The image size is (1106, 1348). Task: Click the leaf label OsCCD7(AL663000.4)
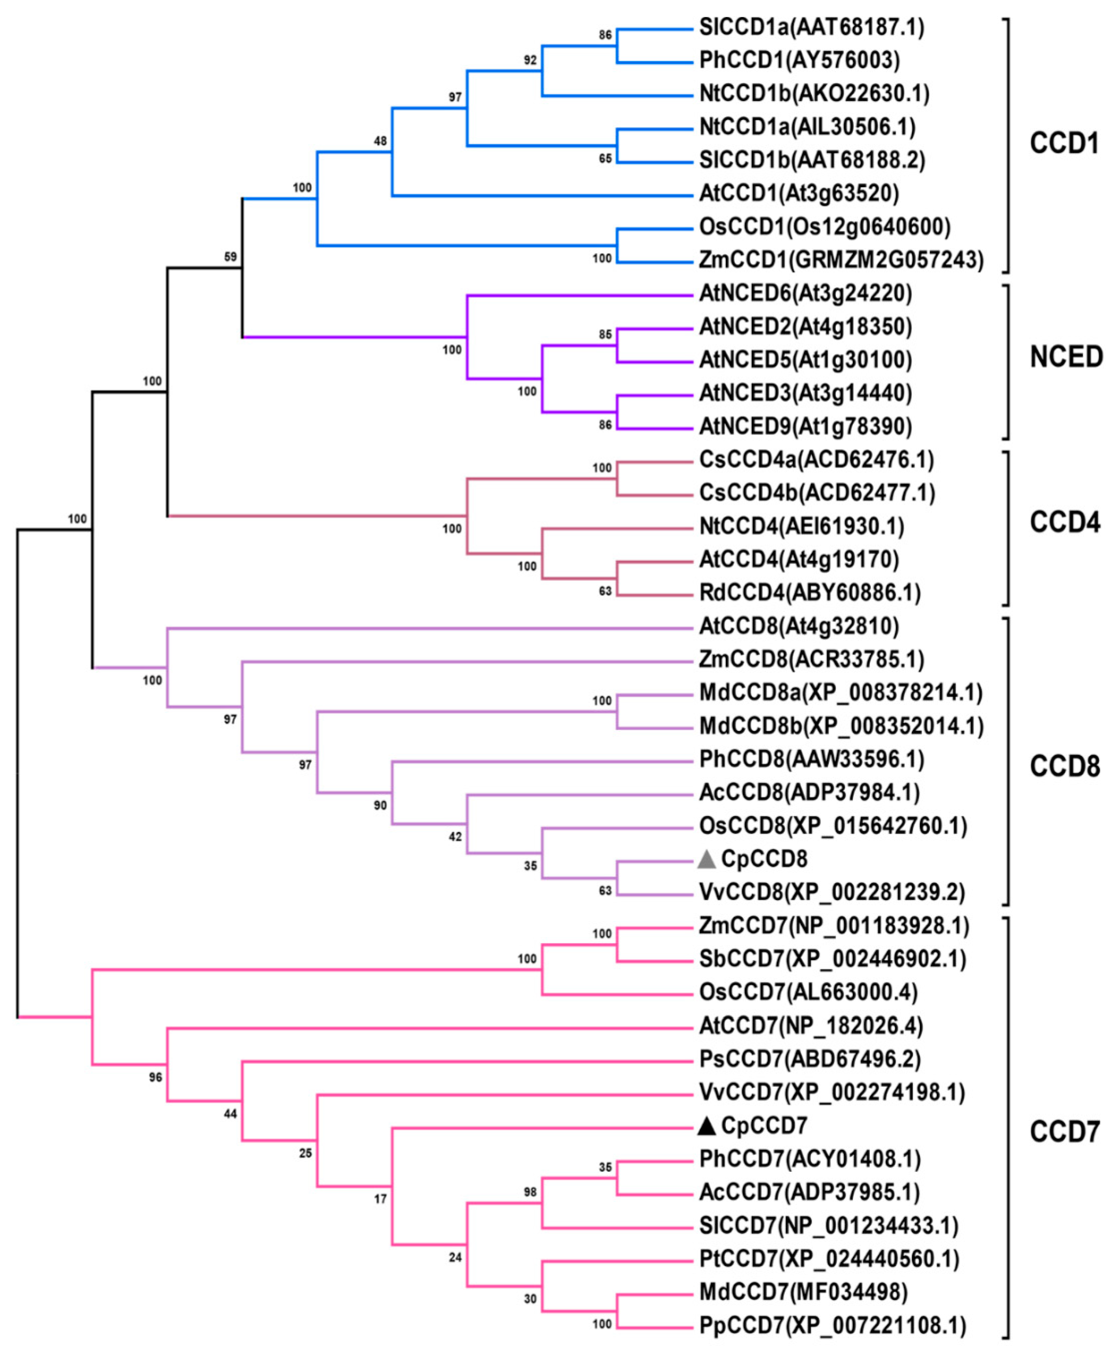click(x=808, y=992)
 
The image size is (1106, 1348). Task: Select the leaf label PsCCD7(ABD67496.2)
click(x=810, y=1059)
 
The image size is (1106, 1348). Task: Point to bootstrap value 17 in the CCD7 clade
click(x=380, y=1199)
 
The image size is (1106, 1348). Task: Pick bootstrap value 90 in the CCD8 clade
click(x=380, y=805)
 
